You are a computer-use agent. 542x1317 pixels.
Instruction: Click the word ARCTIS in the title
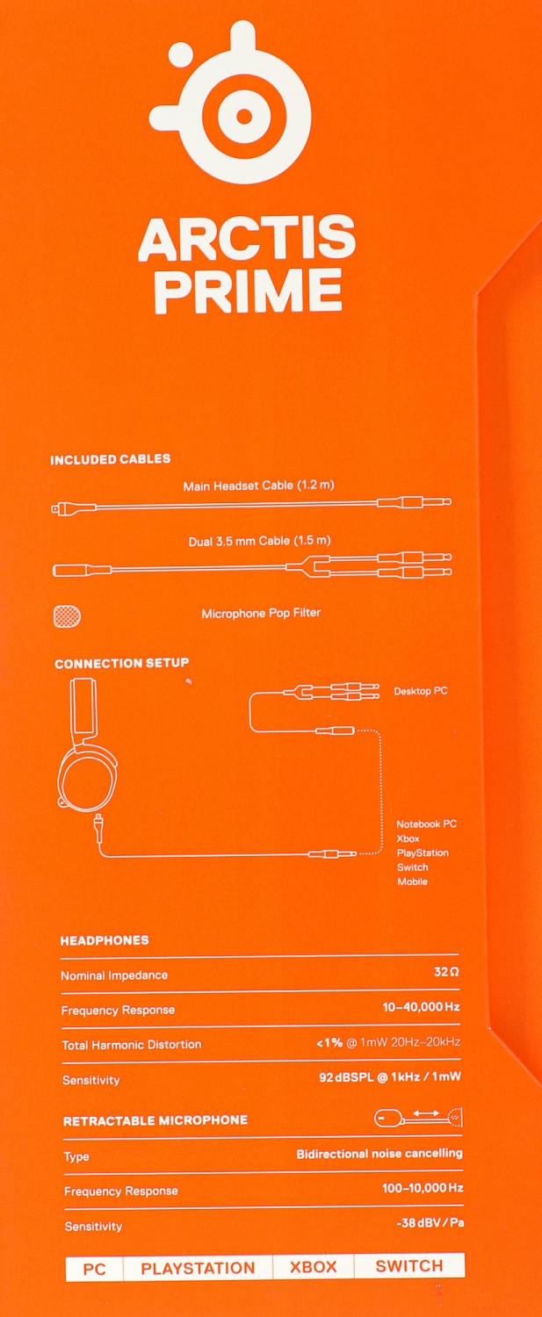247,239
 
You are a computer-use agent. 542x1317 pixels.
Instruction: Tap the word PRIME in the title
248,291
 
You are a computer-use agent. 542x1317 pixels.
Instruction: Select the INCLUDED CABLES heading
111,459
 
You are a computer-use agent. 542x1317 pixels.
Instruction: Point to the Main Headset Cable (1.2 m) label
258,486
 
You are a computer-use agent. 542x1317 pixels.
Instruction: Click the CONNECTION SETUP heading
121,664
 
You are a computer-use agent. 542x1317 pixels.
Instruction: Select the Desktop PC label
421,691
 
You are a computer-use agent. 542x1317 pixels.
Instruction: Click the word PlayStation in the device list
423,853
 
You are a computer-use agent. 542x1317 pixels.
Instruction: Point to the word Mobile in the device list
412,882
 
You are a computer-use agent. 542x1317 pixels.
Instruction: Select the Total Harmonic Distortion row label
132,1045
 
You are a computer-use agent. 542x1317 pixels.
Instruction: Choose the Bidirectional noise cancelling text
379,1154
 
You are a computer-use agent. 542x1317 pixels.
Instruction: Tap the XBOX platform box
314,1267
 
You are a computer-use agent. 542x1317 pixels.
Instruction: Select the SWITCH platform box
408,1266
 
